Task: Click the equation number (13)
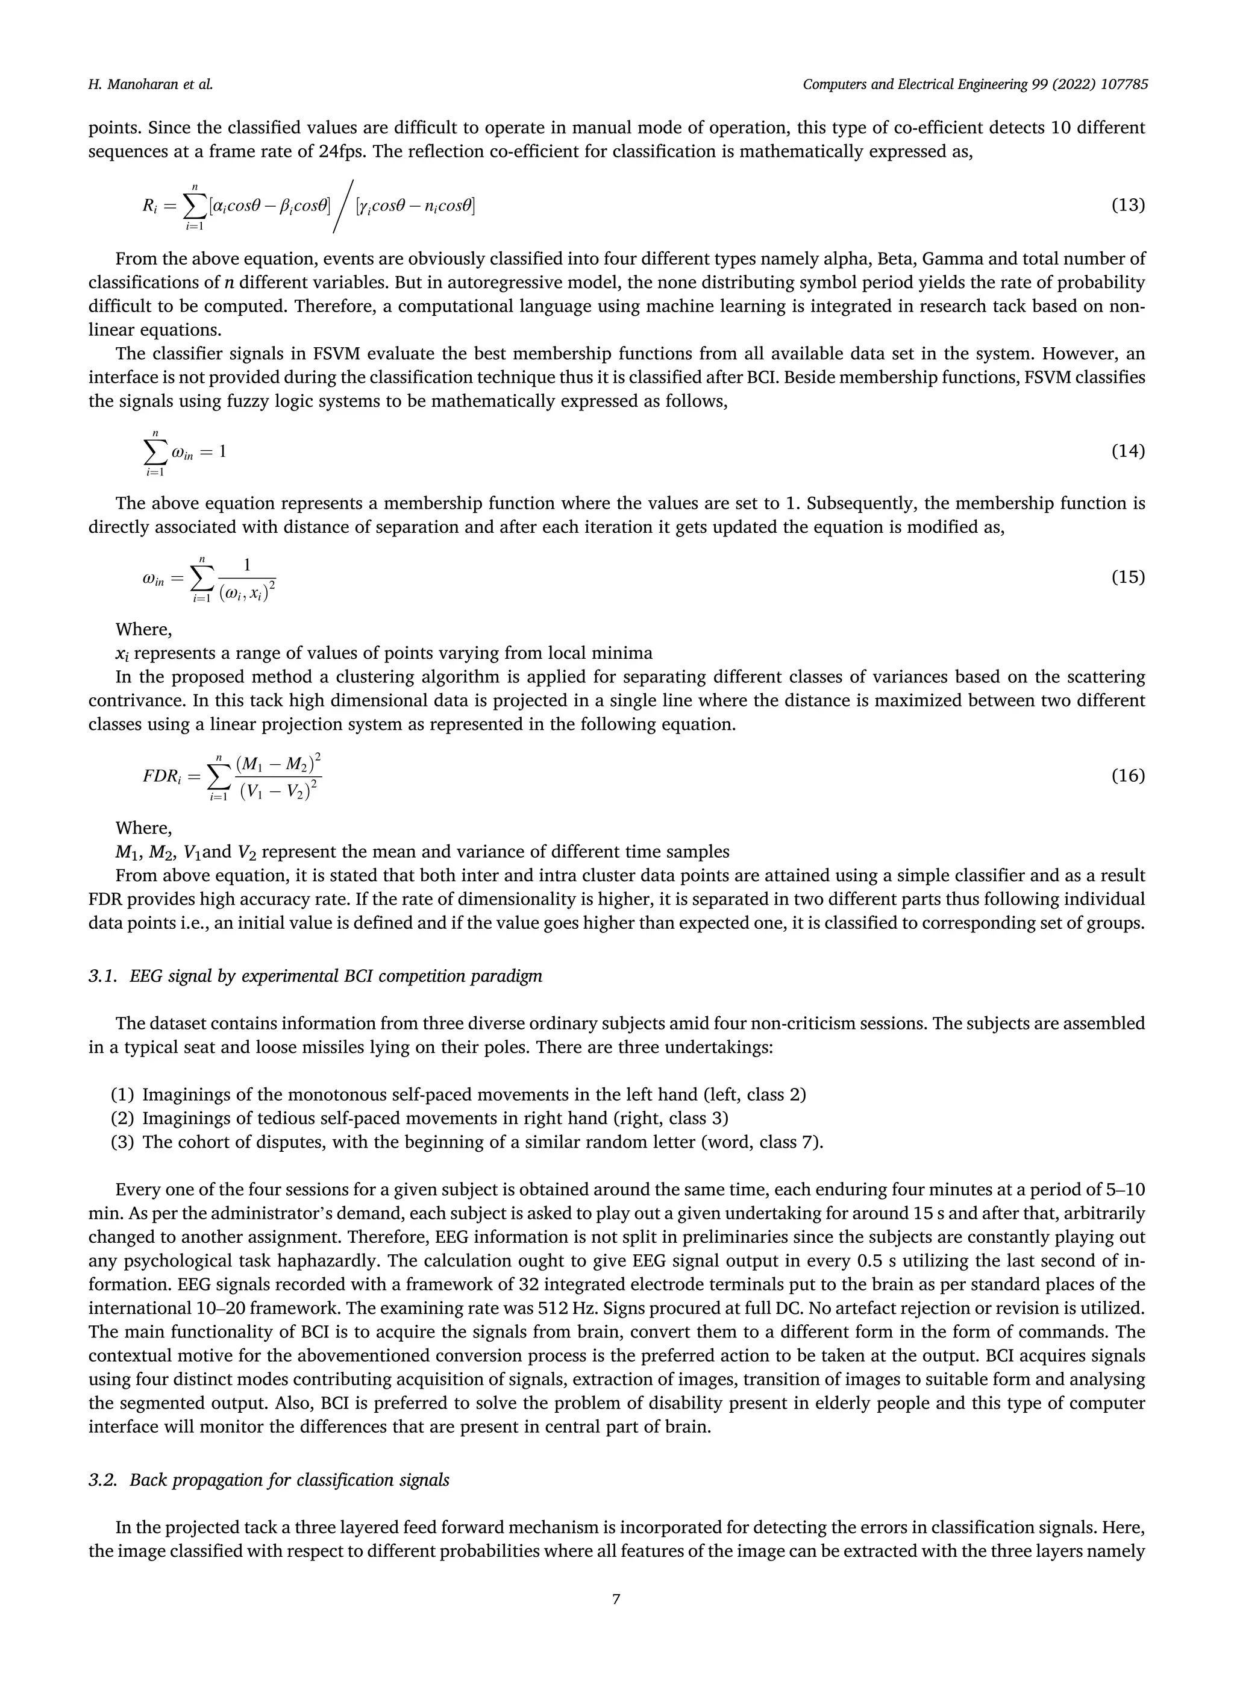tap(1128, 205)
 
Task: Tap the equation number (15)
tap(1128, 577)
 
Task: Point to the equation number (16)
tap(1128, 776)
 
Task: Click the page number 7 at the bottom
tap(616, 1599)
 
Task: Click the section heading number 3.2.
tap(103, 1480)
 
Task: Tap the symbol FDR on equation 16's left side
tap(158, 776)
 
